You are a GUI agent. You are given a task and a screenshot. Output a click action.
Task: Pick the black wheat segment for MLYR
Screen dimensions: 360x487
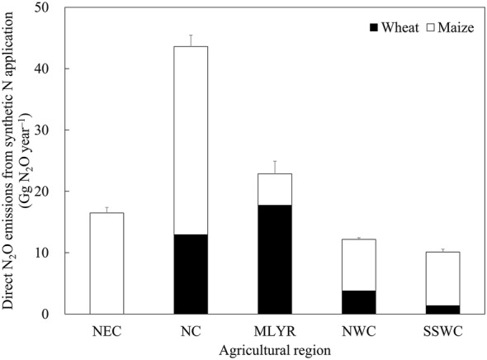tap(274, 259)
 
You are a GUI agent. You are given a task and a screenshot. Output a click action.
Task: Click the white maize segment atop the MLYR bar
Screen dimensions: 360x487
tap(274, 189)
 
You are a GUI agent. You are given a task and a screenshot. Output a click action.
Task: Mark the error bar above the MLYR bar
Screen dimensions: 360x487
tap(274, 167)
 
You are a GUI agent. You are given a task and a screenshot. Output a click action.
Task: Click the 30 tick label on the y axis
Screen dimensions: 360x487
tap(46, 130)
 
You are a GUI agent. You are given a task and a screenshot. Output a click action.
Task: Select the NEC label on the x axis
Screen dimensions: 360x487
tap(106, 331)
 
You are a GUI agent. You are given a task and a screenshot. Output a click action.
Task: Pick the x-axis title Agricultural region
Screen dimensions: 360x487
tap(274, 349)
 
